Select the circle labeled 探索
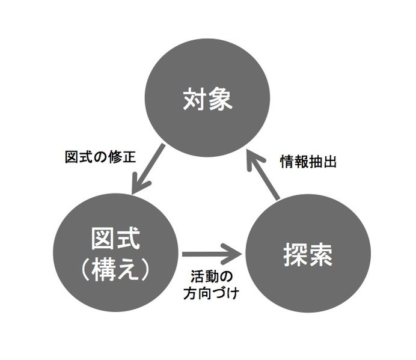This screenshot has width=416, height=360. point(307,255)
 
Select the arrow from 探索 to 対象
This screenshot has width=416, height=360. point(265,174)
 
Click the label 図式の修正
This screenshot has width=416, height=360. point(100,157)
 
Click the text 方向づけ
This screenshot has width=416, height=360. point(210,294)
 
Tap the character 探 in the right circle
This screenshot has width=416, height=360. point(294,255)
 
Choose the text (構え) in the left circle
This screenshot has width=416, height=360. point(114,269)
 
